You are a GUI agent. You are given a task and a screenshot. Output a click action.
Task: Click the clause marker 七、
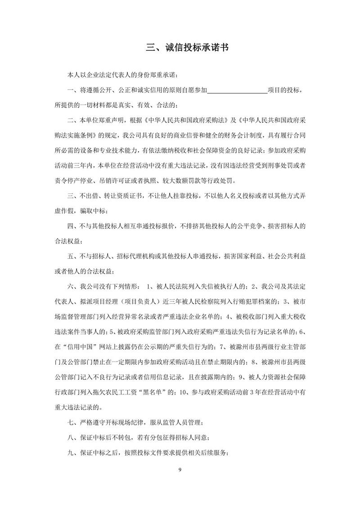(72, 423)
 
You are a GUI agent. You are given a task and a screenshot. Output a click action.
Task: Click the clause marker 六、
(72, 287)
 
